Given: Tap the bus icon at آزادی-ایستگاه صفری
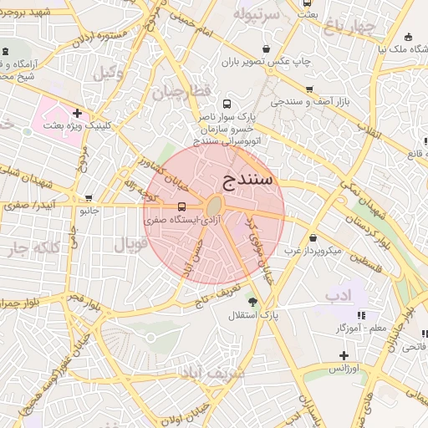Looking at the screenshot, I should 181,206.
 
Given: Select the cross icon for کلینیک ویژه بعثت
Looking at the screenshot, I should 77,113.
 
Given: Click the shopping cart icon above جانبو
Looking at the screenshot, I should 89,198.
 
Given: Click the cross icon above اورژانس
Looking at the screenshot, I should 344,355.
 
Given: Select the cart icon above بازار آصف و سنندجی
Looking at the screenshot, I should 309,89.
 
